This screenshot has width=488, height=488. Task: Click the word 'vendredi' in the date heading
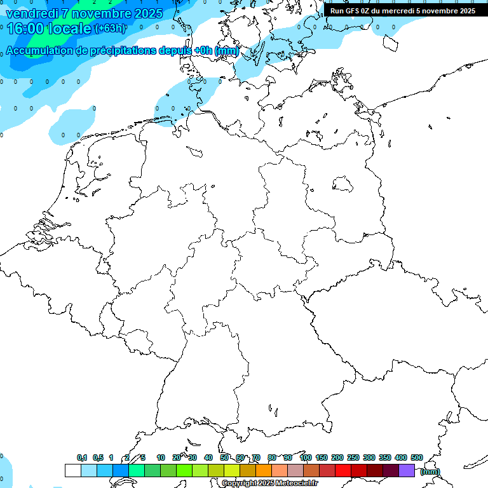click(32, 12)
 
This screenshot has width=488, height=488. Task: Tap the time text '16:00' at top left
click(25, 28)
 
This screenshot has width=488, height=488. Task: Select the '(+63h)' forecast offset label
click(109, 29)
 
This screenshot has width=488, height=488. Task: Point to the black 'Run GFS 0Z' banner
click(402, 11)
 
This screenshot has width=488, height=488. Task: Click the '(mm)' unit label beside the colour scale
click(430, 471)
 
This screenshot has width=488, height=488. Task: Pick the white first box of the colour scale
click(72, 470)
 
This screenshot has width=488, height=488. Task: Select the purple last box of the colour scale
click(407, 470)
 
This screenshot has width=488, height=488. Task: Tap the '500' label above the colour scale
click(416, 457)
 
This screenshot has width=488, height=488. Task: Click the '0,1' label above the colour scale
click(82, 457)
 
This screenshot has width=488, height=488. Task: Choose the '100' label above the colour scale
click(305, 457)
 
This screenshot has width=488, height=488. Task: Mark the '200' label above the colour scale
click(337, 457)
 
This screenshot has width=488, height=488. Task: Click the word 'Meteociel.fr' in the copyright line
click(296, 484)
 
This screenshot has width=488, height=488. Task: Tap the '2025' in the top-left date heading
click(149, 12)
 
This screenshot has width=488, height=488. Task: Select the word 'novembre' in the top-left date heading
click(102, 12)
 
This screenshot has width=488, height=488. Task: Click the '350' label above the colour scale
click(385, 457)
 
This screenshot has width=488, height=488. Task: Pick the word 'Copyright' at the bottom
click(240, 484)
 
